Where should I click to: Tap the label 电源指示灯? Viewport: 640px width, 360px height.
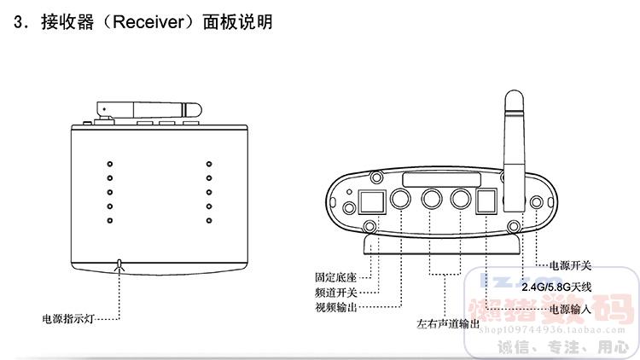point(67,319)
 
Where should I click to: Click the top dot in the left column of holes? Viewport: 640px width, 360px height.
point(108,162)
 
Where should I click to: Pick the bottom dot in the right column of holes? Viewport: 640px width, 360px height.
point(208,221)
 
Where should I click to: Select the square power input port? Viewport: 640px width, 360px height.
point(486,200)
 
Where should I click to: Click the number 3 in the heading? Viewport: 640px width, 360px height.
point(20,22)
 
